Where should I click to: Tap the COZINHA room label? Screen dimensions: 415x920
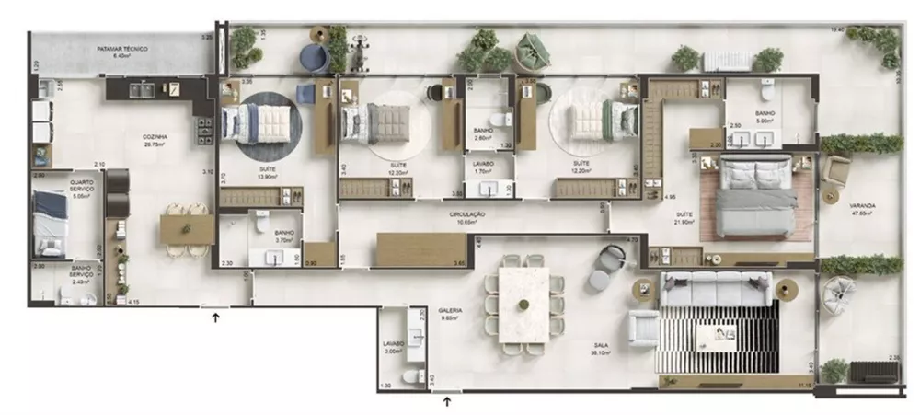click(x=154, y=141)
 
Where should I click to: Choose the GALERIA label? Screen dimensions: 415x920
click(x=450, y=312)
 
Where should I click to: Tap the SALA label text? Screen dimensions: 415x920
click(x=604, y=347)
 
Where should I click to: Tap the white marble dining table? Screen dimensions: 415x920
click(x=523, y=305)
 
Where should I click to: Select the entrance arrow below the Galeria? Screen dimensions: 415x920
click(x=448, y=400)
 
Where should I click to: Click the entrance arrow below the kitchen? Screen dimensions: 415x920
click(x=216, y=318)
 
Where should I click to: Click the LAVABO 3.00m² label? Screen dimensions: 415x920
click(x=394, y=347)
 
